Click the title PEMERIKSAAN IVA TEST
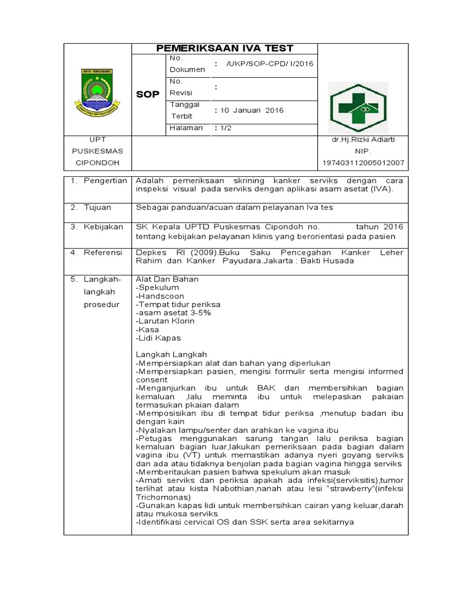tap(225, 48)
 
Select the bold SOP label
tap(148, 94)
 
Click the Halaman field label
tap(186, 128)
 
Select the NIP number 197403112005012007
tap(363, 163)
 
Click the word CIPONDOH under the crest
tap(97, 163)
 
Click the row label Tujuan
tap(98, 207)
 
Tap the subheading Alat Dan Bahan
tap(167, 279)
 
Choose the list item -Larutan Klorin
tap(166, 321)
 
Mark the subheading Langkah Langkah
tap(172, 354)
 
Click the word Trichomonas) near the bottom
tap(163, 497)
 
